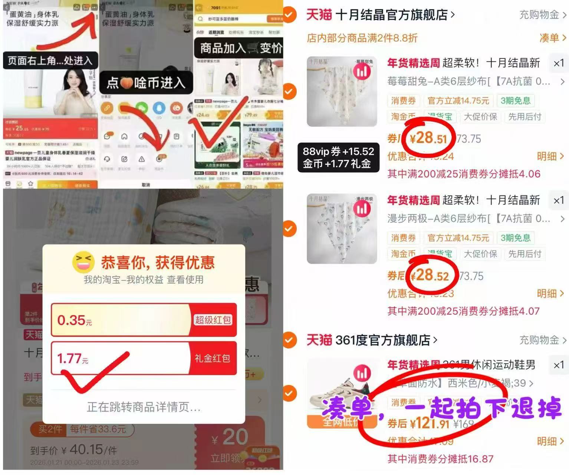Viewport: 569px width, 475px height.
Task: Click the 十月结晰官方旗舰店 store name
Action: (x=391, y=15)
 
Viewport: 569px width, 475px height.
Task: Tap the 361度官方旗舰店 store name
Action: (x=382, y=340)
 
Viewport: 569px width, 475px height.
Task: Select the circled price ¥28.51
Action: (x=428, y=138)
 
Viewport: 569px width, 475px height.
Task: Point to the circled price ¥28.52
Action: (x=430, y=276)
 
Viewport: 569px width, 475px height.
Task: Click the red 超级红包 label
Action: (x=213, y=320)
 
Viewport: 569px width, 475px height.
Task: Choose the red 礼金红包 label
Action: (x=212, y=358)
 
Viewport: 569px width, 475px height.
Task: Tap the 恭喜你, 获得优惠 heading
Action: (x=158, y=263)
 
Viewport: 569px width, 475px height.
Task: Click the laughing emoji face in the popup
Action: (x=83, y=262)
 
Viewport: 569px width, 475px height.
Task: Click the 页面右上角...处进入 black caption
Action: (x=50, y=61)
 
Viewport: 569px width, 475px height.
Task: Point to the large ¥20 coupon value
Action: (x=230, y=437)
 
